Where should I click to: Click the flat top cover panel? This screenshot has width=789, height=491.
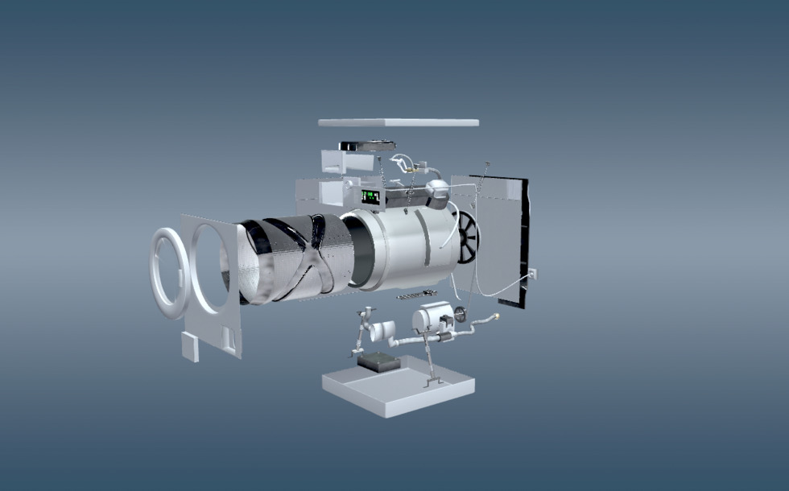click(399, 122)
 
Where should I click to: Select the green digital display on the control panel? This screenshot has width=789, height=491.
click(370, 196)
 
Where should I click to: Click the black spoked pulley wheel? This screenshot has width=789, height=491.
click(467, 237)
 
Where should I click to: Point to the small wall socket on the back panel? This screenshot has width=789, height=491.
click(532, 274)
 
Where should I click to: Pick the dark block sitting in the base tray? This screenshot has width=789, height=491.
click(379, 362)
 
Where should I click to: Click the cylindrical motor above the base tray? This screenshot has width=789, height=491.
click(432, 318)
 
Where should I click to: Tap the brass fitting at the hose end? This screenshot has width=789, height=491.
click(495, 316)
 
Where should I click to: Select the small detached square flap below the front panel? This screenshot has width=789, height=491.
click(190, 349)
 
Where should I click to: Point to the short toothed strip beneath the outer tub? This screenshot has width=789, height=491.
click(416, 295)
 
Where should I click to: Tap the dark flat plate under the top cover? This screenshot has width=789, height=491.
click(367, 146)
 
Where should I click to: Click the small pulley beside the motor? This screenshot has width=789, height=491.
click(461, 315)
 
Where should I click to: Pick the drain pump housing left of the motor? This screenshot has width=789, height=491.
click(382, 329)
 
